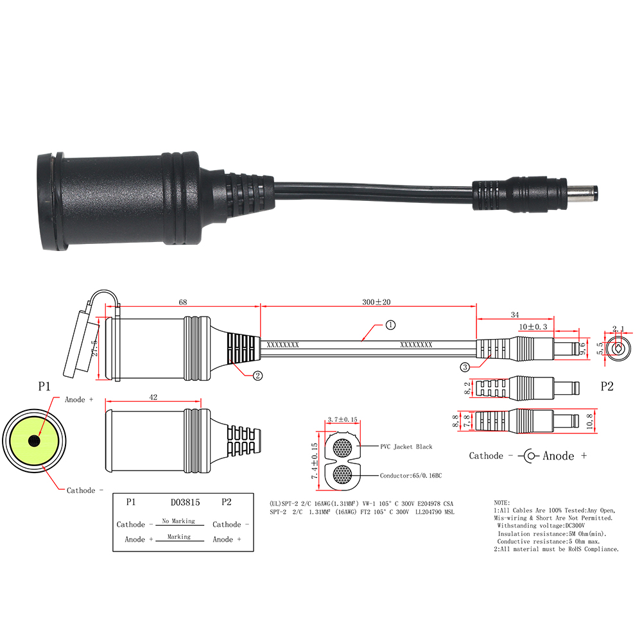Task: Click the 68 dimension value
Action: click(182, 302)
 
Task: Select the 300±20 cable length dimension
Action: click(376, 302)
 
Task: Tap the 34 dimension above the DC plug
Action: click(515, 315)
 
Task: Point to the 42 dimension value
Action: click(153, 397)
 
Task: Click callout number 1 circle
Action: click(390, 325)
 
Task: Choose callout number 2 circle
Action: click(257, 376)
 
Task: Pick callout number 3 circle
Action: click(465, 367)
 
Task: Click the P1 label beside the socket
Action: click(44, 386)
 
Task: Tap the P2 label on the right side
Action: click(607, 386)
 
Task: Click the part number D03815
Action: click(185, 503)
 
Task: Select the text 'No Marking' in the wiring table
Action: click(178, 521)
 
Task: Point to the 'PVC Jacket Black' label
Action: click(406, 447)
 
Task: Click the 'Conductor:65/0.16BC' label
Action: click(411, 476)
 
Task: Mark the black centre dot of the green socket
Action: click(34, 441)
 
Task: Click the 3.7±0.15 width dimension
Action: click(342, 420)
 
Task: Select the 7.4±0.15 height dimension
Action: click(315, 460)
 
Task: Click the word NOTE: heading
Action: click(501, 503)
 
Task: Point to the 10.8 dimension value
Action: click(589, 421)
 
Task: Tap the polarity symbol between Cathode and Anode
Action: click(529, 456)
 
